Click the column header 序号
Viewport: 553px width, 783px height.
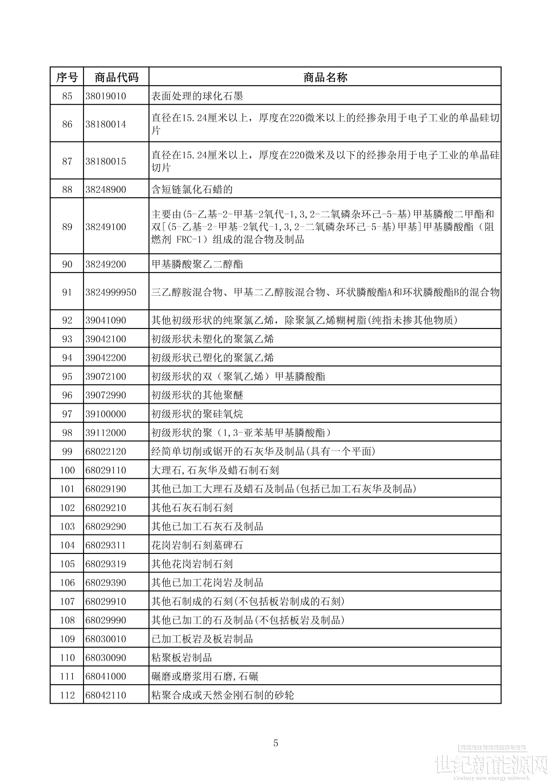click(x=67, y=77)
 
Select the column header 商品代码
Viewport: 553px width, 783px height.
click(x=116, y=77)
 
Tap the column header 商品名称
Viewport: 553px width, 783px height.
click(x=325, y=77)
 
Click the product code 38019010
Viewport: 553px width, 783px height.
click(x=105, y=96)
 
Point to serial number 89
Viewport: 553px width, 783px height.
click(x=67, y=226)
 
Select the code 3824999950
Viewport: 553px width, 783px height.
click(x=111, y=292)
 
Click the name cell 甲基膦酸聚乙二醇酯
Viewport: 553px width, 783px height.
click(x=197, y=264)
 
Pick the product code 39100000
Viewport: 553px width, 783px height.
click(x=105, y=414)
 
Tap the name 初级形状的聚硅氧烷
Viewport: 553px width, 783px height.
click(x=197, y=414)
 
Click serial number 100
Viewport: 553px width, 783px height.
click(x=67, y=470)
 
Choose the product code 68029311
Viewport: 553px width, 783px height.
click(x=105, y=545)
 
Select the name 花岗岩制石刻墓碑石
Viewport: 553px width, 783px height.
click(x=197, y=545)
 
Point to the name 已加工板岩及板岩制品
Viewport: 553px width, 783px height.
click(x=202, y=639)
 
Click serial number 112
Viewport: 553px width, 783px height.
click(x=67, y=695)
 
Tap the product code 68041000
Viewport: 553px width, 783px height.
click(x=105, y=676)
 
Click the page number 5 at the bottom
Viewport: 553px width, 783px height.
click(x=276, y=743)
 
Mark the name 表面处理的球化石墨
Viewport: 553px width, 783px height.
click(x=197, y=96)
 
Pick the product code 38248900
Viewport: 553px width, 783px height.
click(x=105, y=190)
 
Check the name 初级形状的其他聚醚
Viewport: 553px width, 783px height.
click(x=197, y=395)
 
